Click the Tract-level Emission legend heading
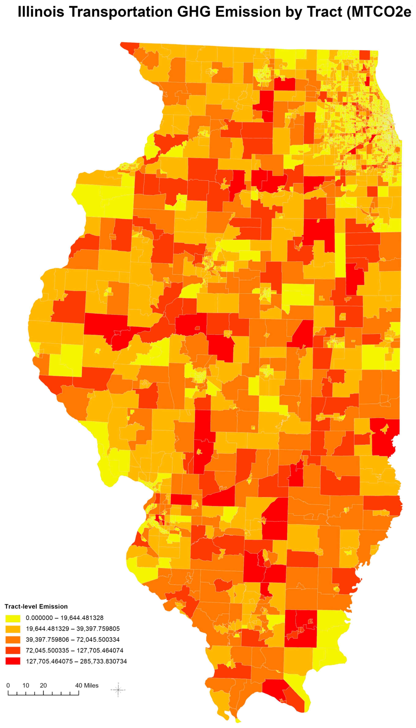(x=36, y=606)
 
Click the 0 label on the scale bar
(x=8, y=685)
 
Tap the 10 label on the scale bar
(x=26, y=685)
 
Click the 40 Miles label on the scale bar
(x=87, y=685)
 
